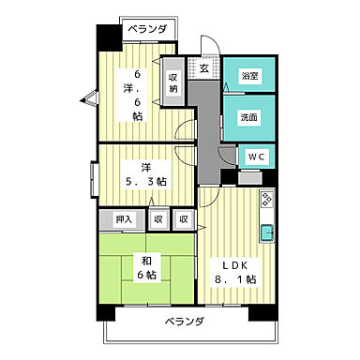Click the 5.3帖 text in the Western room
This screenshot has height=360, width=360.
tap(148, 180)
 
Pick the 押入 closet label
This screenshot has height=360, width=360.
tap(124, 219)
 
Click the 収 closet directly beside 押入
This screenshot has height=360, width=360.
tap(159, 219)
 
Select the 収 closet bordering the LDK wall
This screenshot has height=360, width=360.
tap(184, 219)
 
